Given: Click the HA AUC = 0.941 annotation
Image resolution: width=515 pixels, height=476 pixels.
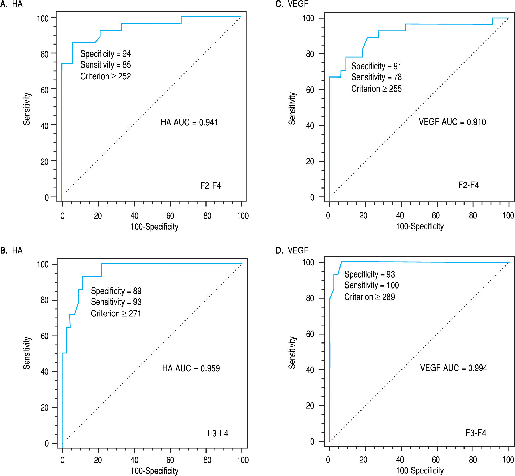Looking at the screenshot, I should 189,122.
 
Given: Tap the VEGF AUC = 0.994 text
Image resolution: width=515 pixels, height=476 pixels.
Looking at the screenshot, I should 454,368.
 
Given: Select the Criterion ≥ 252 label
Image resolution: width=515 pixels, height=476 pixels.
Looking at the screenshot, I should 106,76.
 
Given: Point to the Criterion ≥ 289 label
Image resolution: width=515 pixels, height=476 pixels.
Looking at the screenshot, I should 369,297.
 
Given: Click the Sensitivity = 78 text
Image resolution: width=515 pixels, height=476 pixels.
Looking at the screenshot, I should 376,77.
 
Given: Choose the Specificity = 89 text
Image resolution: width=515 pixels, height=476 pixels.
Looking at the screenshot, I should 116,291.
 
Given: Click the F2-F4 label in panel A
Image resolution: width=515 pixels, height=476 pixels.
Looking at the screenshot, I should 211,185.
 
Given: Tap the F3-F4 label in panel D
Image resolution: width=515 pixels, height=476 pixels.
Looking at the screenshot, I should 476,433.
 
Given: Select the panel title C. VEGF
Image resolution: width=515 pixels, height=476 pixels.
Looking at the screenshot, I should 292,4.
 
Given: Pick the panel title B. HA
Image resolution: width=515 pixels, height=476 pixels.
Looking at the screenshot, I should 11,250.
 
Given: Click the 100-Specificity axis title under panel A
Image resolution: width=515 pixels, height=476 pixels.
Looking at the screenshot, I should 154,227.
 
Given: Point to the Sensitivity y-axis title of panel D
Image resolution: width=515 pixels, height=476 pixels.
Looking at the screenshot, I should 292,352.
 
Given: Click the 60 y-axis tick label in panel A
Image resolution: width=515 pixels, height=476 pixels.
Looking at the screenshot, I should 44,90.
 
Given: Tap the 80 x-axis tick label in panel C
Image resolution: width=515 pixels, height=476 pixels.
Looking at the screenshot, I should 473,215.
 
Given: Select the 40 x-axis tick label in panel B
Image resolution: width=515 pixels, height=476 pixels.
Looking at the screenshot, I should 134,460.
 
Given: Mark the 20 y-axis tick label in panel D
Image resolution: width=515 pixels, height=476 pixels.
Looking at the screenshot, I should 310,406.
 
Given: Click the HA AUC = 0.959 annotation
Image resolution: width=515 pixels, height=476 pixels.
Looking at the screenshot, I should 191,368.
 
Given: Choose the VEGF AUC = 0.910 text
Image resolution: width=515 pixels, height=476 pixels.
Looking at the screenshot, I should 452,122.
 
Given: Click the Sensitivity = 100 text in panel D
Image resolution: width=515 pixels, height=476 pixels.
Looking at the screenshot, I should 372,285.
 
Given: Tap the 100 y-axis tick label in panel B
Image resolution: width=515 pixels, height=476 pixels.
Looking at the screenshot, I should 43,264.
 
